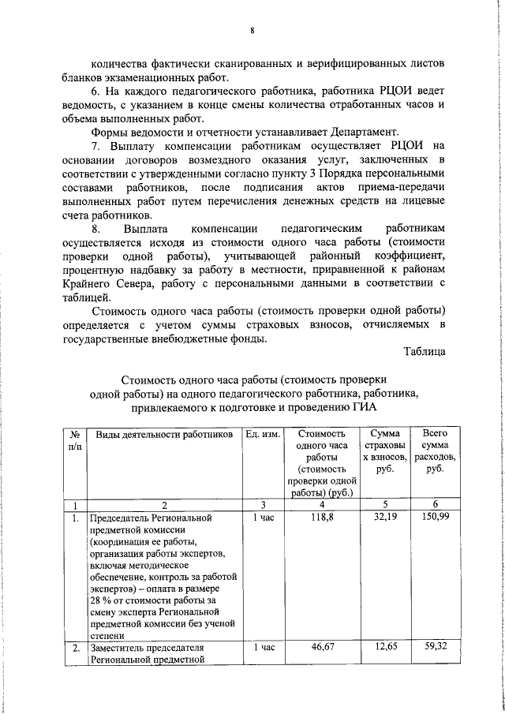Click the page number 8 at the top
tap(252, 32)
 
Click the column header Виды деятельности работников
tap(164, 434)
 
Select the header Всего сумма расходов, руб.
tap(433, 450)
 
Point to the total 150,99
tap(433, 518)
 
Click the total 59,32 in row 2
tap(433, 648)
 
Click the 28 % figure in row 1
tap(101, 601)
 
